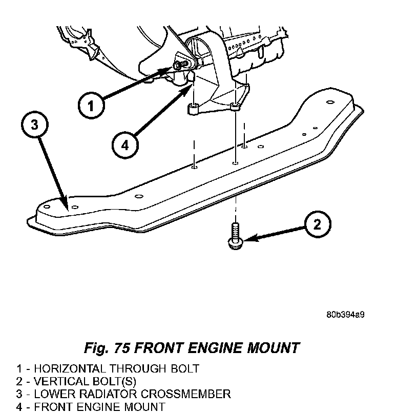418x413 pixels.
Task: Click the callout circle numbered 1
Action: [x=91, y=106]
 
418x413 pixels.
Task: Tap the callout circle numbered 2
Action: [x=317, y=224]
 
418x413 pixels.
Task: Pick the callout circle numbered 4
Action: [x=125, y=145]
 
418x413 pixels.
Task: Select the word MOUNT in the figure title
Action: [x=274, y=348]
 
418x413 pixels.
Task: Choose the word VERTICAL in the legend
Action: [x=58, y=381]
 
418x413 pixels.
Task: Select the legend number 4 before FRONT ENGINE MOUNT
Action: [x=19, y=407]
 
